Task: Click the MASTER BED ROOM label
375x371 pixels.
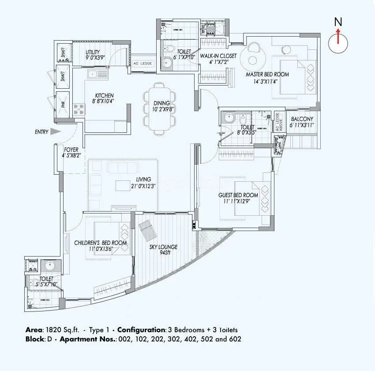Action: tap(267, 75)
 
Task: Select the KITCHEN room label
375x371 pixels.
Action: tap(105, 96)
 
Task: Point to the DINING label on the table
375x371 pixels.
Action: tap(161, 103)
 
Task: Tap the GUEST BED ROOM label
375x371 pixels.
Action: tap(238, 195)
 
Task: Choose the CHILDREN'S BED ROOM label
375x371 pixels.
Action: tap(100, 243)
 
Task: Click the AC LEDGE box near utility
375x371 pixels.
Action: tap(142, 63)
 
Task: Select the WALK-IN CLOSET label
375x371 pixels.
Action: tap(218, 56)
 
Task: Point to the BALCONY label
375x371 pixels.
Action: tap(302, 119)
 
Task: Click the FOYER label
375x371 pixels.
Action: tap(71, 149)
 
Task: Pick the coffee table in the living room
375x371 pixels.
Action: tap(123, 186)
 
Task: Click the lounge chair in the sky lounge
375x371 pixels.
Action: tap(145, 229)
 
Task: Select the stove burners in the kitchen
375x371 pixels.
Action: tap(79, 107)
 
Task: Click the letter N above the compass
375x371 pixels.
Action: tap(338, 21)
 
